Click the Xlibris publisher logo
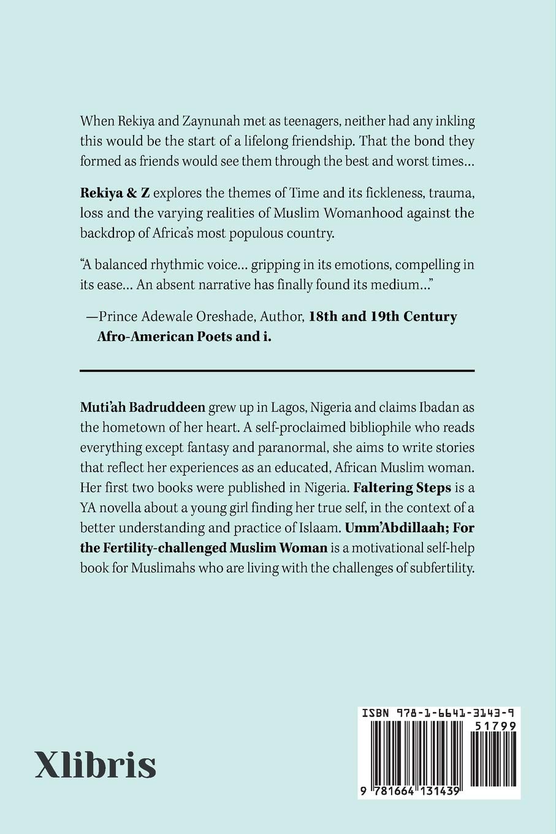[x=96, y=764]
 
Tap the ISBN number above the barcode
[x=438, y=713]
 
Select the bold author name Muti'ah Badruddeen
[x=142, y=407]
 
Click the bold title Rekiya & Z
[x=115, y=193]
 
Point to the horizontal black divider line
[x=277, y=370]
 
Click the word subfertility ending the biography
[x=433, y=568]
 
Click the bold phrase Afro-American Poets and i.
[x=184, y=337]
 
